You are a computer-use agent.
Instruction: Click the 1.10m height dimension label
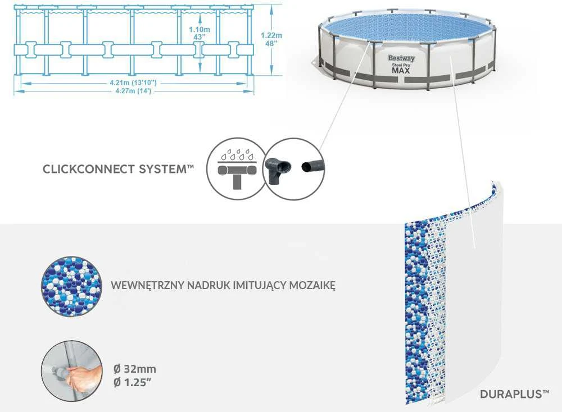200,29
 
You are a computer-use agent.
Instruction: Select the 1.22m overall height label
271,35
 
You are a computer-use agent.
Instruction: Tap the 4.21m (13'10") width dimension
133,83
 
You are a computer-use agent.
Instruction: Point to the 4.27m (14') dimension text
133,91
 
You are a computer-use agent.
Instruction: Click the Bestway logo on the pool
401,58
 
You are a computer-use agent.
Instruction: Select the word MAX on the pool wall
401,71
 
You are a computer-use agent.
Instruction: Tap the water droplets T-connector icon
237,168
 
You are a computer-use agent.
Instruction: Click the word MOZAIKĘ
312,286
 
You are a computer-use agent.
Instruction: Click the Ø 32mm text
134,369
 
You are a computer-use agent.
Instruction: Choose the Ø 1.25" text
132,382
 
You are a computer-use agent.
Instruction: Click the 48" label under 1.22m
271,43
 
